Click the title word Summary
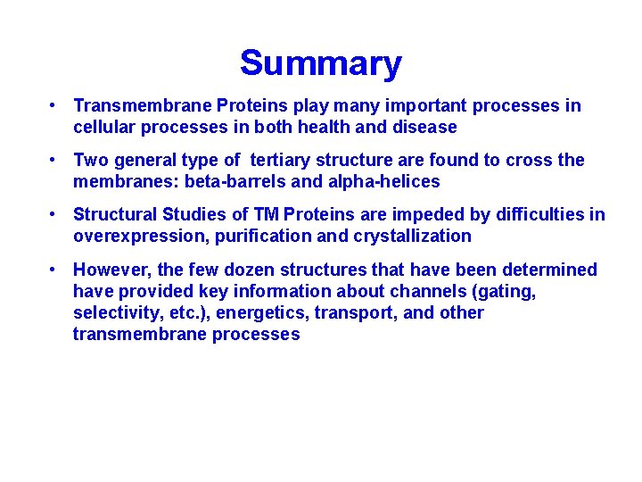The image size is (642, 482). coord(320,63)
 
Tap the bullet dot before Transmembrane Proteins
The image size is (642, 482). coord(54,105)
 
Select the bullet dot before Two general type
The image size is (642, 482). coord(54,160)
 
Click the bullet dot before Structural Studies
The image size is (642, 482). coord(54,214)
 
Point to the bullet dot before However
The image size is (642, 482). coord(54,270)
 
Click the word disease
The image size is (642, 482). coord(424,127)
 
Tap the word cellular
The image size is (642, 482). coord(104,127)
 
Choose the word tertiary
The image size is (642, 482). coord(283,160)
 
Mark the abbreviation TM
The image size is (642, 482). coord(266,214)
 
